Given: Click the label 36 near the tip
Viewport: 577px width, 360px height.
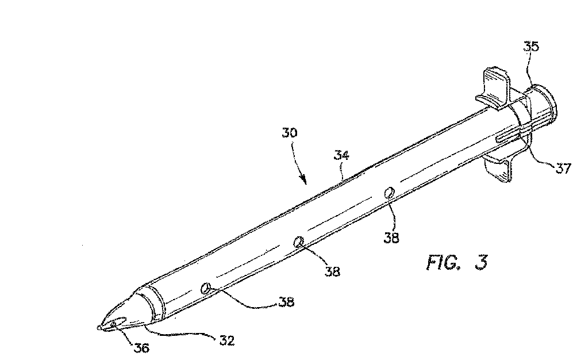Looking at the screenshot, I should click(x=141, y=347).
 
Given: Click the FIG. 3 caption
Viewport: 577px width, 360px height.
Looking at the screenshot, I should click(x=457, y=263).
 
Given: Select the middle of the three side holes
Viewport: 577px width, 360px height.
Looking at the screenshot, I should click(x=299, y=243).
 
